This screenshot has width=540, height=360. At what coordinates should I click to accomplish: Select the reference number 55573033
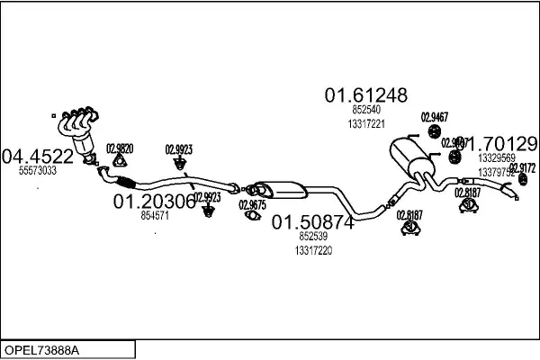(x=38, y=170)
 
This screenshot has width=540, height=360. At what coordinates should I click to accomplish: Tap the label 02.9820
(x=120, y=149)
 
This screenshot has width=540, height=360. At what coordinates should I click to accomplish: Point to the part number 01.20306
(x=154, y=202)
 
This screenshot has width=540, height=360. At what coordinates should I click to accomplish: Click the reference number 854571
(x=155, y=216)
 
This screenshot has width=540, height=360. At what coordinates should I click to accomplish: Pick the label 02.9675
(x=252, y=205)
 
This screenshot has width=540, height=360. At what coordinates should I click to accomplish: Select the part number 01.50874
(x=313, y=221)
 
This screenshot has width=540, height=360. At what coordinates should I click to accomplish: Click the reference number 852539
(x=313, y=236)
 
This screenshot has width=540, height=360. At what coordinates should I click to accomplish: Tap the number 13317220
(x=313, y=251)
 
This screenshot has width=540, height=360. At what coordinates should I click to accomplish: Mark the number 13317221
(x=366, y=123)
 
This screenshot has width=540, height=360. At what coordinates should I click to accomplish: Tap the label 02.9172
(x=523, y=167)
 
